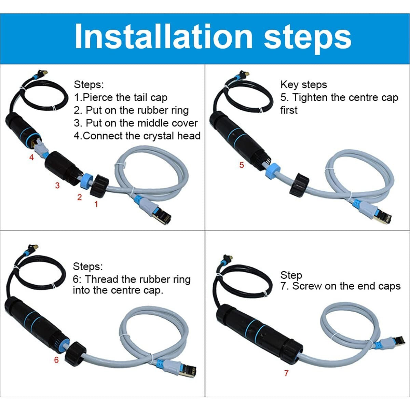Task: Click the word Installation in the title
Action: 163,37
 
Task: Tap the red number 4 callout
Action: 32,158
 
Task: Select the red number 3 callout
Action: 57,186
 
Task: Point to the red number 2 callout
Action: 80,197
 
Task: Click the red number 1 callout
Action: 96,204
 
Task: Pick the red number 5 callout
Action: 242,165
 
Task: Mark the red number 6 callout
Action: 56,360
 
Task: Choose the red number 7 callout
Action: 286,373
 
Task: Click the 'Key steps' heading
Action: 303,85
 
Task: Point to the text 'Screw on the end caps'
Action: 346,286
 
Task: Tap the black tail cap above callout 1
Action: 99,186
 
